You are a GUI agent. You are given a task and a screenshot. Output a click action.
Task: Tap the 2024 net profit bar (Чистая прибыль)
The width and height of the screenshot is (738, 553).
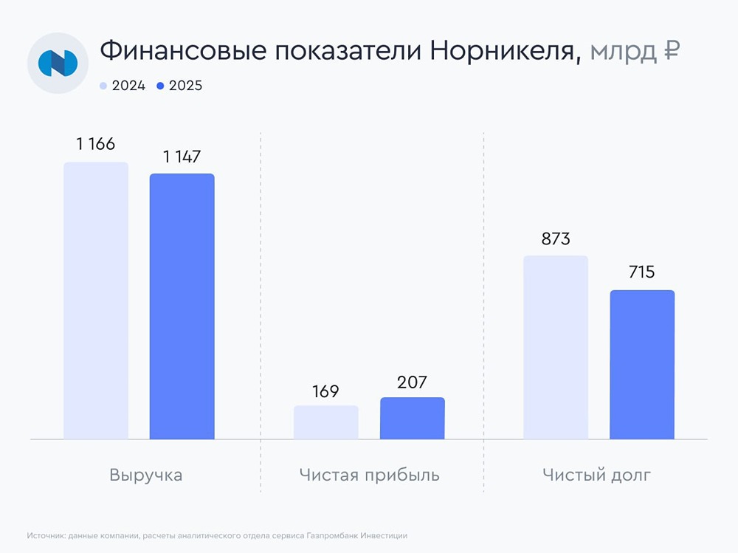point(326,422)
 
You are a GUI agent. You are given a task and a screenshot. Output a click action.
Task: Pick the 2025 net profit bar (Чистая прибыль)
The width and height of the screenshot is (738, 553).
point(413,419)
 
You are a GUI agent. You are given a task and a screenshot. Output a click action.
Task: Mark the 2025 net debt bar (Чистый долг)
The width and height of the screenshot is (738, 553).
point(642,365)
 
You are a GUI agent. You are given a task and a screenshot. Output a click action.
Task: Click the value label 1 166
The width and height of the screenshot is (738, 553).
point(96,144)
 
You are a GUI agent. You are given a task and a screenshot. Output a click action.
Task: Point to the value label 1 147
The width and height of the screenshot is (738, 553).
point(182,157)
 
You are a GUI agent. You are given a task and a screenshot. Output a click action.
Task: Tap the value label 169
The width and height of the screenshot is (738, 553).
point(325,391)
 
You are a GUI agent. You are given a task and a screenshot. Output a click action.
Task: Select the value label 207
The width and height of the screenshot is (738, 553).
point(412,382)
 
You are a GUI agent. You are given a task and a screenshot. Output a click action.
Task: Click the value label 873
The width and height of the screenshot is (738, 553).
point(556,239)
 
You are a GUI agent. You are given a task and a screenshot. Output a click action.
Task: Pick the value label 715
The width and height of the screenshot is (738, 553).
point(641,272)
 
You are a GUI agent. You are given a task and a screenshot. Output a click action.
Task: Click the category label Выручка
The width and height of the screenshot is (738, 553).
point(145,475)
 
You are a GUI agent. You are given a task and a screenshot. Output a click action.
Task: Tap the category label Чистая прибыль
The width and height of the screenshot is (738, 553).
point(370,475)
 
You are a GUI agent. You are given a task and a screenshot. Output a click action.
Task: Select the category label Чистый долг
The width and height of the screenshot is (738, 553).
point(597,475)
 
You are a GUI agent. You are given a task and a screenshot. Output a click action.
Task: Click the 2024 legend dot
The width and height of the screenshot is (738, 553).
point(103,86)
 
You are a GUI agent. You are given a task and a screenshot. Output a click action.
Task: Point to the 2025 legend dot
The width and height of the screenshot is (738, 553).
point(160,86)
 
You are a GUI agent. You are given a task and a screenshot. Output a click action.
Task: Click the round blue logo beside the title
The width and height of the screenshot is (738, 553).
point(58,63)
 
